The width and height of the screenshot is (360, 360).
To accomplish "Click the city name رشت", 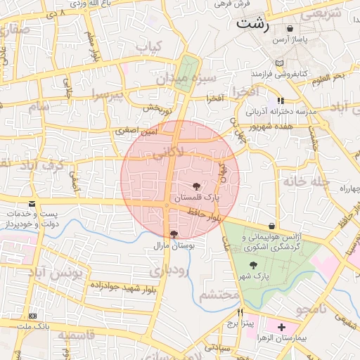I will (254, 22).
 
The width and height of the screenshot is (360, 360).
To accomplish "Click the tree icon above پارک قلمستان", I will (195, 186).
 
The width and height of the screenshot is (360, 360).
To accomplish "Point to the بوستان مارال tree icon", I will (174, 234).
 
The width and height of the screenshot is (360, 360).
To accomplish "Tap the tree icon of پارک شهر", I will (253, 265).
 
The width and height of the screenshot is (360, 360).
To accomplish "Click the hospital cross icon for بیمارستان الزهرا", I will (281, 327).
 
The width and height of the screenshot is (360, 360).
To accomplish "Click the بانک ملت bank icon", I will (33, 316).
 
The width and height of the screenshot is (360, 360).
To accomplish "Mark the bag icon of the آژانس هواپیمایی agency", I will (271, 225).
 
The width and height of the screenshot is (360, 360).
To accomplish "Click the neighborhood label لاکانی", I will (168, 151).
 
